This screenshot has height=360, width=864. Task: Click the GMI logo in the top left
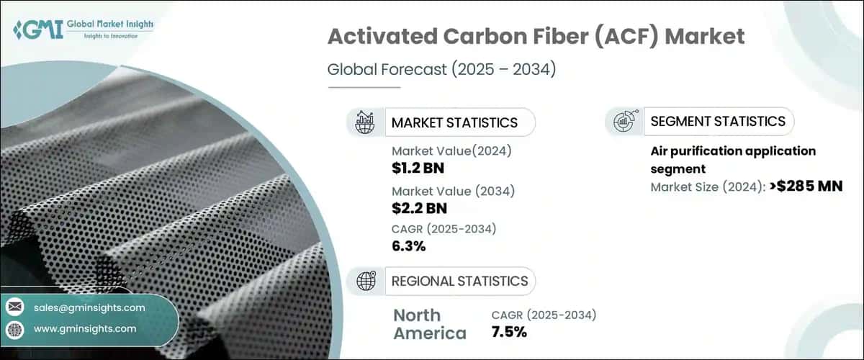(x=83, y=30)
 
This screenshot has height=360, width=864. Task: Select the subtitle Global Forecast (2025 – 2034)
(x=442, y=70)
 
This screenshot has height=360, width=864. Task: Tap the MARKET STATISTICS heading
(x=454, y=122)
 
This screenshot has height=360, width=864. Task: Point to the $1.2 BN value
(x=420, y=167)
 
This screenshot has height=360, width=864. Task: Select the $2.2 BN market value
(x=420, y=208)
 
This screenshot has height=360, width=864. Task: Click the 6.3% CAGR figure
(x=408, y=246)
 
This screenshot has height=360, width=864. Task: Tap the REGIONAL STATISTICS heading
(x=459, y=281)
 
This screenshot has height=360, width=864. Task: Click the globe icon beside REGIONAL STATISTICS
(x=366, y=281)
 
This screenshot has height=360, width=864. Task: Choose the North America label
(x=430, y=324)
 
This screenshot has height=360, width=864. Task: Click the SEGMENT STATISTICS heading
(x=717, y=122)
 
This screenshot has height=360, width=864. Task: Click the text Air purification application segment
(x=732, y=159)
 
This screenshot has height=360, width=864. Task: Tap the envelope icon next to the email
(x=14, y=307)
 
